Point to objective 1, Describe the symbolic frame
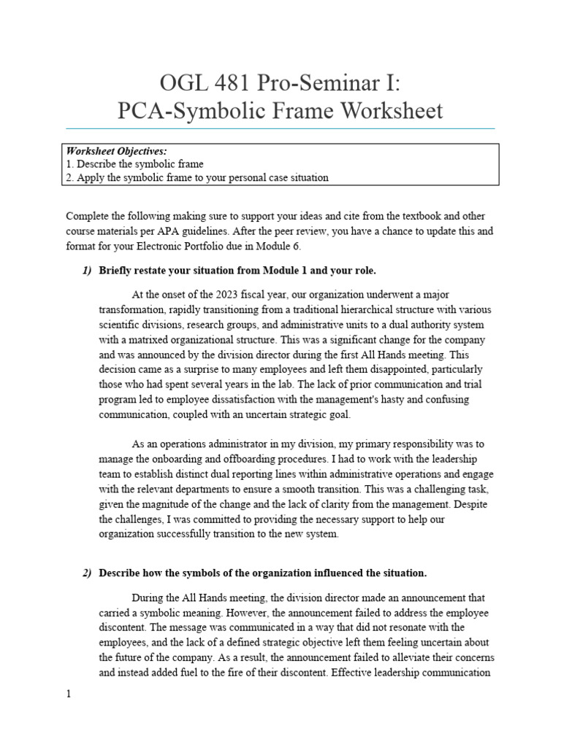(134, 164)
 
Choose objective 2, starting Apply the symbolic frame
(196, 177)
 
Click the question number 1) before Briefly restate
(87, 271)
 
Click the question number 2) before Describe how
(87, 573)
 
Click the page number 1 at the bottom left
(69, 695)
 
